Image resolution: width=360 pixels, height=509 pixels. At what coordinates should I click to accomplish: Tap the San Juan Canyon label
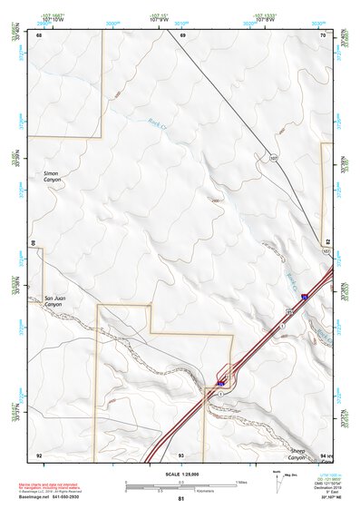pyautogui.click(x=56, y=301)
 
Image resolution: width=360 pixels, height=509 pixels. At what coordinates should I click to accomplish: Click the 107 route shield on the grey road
pyautogui.click(x=273, y=158)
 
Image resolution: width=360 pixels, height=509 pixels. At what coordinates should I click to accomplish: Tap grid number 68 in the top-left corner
pyautogui.click(x=40, y=34)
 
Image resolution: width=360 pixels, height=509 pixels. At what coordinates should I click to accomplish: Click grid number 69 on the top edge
pyautogui.click(x=182, y=34)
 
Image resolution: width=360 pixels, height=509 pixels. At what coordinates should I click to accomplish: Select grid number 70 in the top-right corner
pyautogui.click(x=322, y=34)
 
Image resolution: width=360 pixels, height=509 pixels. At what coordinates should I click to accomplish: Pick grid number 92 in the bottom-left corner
pyautogui.click(x=39, y=454)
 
